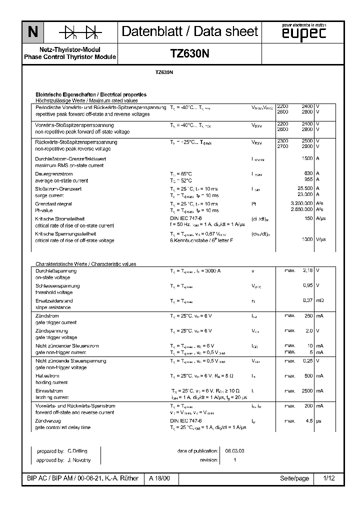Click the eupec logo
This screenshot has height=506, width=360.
(303, 33)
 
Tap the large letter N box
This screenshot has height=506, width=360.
(32, 32)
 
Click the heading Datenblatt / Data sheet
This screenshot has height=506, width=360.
(190, 32)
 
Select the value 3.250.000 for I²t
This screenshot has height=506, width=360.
(301, 203)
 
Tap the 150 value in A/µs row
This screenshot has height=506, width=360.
(308, 218)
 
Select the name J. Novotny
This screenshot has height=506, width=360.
(79, 459)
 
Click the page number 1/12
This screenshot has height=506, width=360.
(328, 478)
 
